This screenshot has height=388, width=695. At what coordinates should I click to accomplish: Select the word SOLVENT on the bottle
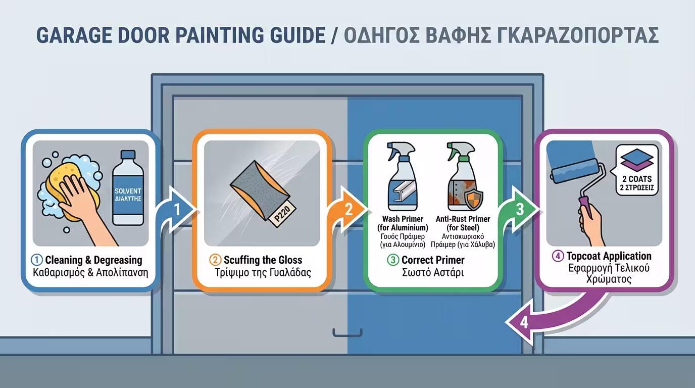pos(128,191)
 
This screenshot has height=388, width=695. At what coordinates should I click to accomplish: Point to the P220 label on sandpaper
pos(283,214)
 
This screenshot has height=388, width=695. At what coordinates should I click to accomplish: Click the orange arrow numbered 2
pos(347,210)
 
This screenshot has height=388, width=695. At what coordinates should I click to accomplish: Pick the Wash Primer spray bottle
pos(402,176)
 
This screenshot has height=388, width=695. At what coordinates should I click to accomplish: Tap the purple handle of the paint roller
pos(585,203)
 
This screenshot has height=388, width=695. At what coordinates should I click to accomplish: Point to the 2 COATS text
pos(637,179)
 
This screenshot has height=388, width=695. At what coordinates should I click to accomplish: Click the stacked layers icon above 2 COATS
pos(637,160)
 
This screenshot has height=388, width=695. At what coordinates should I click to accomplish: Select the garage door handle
pos(347,333)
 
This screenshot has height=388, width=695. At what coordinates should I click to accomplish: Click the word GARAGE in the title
pos(74,35)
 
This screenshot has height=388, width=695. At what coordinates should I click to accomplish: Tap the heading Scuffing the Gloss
pos(263,260)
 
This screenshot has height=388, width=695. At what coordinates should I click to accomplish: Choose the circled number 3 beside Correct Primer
pos(393,260)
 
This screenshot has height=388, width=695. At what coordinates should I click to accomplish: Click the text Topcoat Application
pos(609,256)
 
